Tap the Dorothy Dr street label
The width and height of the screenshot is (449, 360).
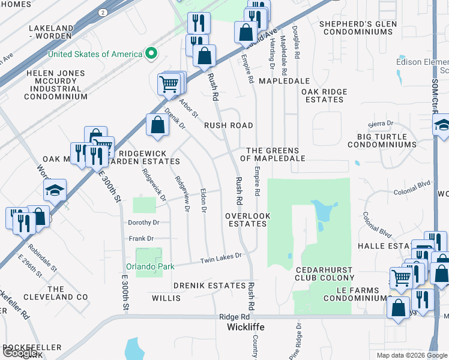(143, 222)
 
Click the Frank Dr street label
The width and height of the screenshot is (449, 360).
(142, 239)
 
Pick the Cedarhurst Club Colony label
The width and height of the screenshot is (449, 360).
(324, 273)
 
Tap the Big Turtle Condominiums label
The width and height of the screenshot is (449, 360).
(382, 140)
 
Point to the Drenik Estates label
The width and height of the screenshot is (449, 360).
(210, 286)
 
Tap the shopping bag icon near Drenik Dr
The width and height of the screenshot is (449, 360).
(157, 125)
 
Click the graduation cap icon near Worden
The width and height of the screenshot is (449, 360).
(55, 191)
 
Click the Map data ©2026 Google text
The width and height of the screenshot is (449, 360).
(411, 355)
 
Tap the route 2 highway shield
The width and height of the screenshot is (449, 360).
(103, 12)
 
